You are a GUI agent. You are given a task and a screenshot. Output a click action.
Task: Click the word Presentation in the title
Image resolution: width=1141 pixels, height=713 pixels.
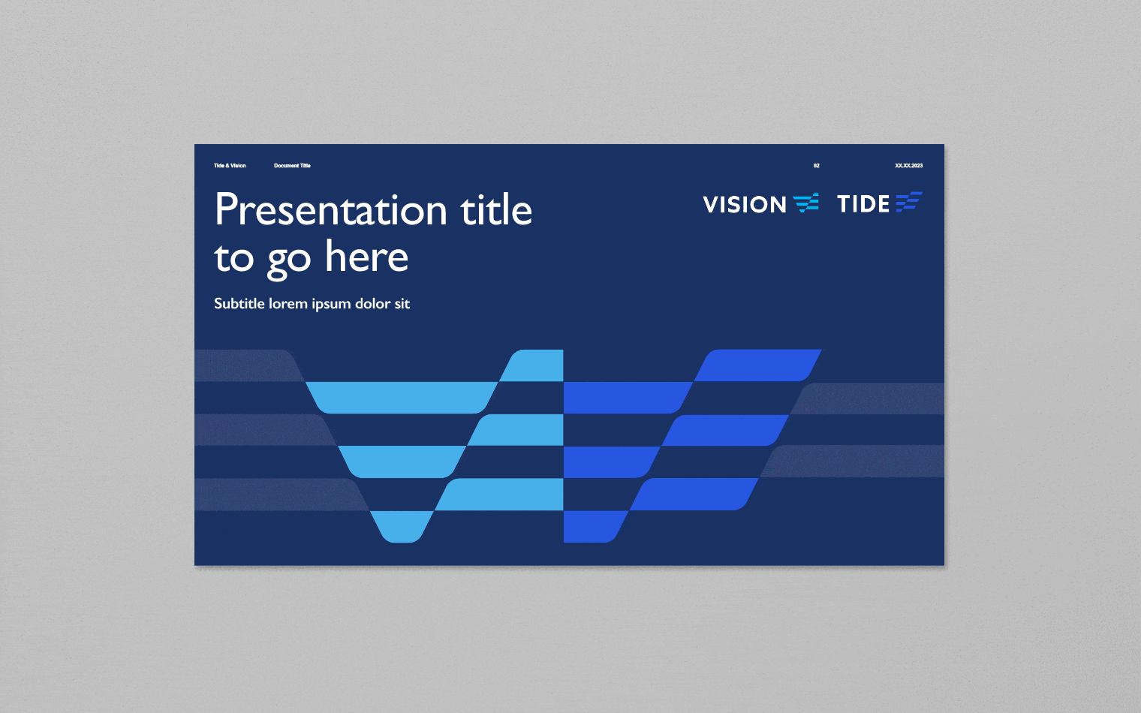(330, 210)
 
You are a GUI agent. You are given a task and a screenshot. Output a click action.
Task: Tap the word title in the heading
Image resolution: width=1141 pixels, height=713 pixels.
(496, 210)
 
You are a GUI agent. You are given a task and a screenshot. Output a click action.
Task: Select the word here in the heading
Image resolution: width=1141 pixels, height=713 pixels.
(367, 257)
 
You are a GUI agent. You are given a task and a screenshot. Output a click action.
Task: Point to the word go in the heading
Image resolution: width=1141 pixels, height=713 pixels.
(289, 260)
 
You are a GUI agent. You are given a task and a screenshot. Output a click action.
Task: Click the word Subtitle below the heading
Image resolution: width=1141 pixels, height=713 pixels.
(239, 304)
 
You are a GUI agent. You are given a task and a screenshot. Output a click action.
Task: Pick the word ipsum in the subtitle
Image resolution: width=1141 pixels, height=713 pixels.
(331, 304)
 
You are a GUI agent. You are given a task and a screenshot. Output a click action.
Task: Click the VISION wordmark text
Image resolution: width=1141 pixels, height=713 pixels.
(745, 204)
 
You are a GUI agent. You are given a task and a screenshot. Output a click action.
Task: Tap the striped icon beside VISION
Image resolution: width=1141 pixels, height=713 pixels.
(806, 203)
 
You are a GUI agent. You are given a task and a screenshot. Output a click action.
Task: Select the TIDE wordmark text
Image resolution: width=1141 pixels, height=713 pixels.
(863, 204)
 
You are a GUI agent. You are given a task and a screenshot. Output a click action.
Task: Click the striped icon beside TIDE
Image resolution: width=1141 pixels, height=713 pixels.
(908, 202)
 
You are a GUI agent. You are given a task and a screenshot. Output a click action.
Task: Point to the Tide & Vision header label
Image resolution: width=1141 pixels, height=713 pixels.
(230, 166)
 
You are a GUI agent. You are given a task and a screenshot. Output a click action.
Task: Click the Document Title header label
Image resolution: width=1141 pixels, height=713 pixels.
(292, 166)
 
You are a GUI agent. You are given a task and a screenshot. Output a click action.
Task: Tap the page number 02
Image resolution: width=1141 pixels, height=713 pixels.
(817, 166)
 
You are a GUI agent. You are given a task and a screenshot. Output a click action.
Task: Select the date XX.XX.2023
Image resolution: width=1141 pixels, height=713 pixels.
(908, 166)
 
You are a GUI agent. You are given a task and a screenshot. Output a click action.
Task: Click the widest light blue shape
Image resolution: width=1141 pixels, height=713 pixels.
(402, 397)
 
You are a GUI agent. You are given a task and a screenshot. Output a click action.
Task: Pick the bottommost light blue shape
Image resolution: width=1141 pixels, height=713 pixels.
(402, 526)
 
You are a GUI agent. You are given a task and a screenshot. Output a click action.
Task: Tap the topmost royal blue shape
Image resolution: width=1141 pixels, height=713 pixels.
(758, 366)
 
